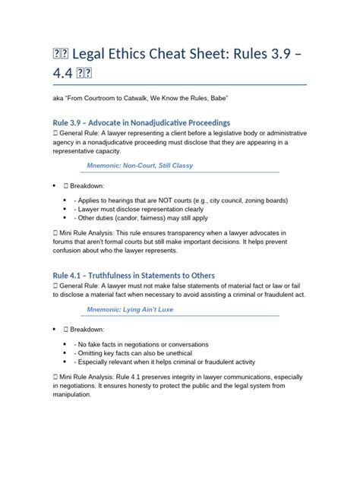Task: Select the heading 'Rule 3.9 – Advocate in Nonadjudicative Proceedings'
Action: click(x=141, y=122)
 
